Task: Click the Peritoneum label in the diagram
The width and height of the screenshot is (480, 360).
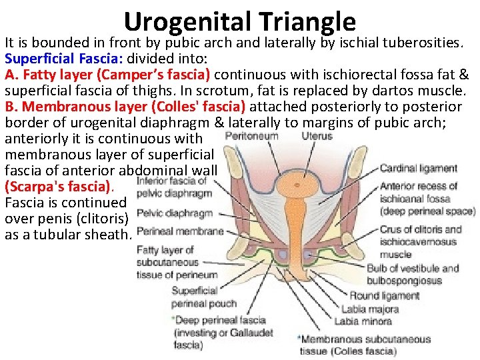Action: (251, 136)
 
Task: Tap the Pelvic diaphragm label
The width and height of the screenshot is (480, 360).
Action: (174, 214)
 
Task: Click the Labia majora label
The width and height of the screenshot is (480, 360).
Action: (370, 309)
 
